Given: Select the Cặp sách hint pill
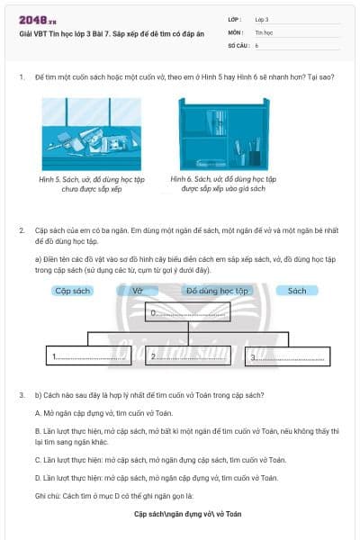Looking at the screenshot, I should [x=74, y=291].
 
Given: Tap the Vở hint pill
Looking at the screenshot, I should [x=138, y=291].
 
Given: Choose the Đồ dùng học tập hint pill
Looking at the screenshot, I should [x=216, y=291].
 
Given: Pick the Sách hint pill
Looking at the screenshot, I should [x=297, y=291].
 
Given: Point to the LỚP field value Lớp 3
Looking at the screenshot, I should [x=263, y=19].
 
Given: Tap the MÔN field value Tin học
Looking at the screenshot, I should [x=263, y=31].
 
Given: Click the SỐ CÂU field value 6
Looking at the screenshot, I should [x=256, y=44].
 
